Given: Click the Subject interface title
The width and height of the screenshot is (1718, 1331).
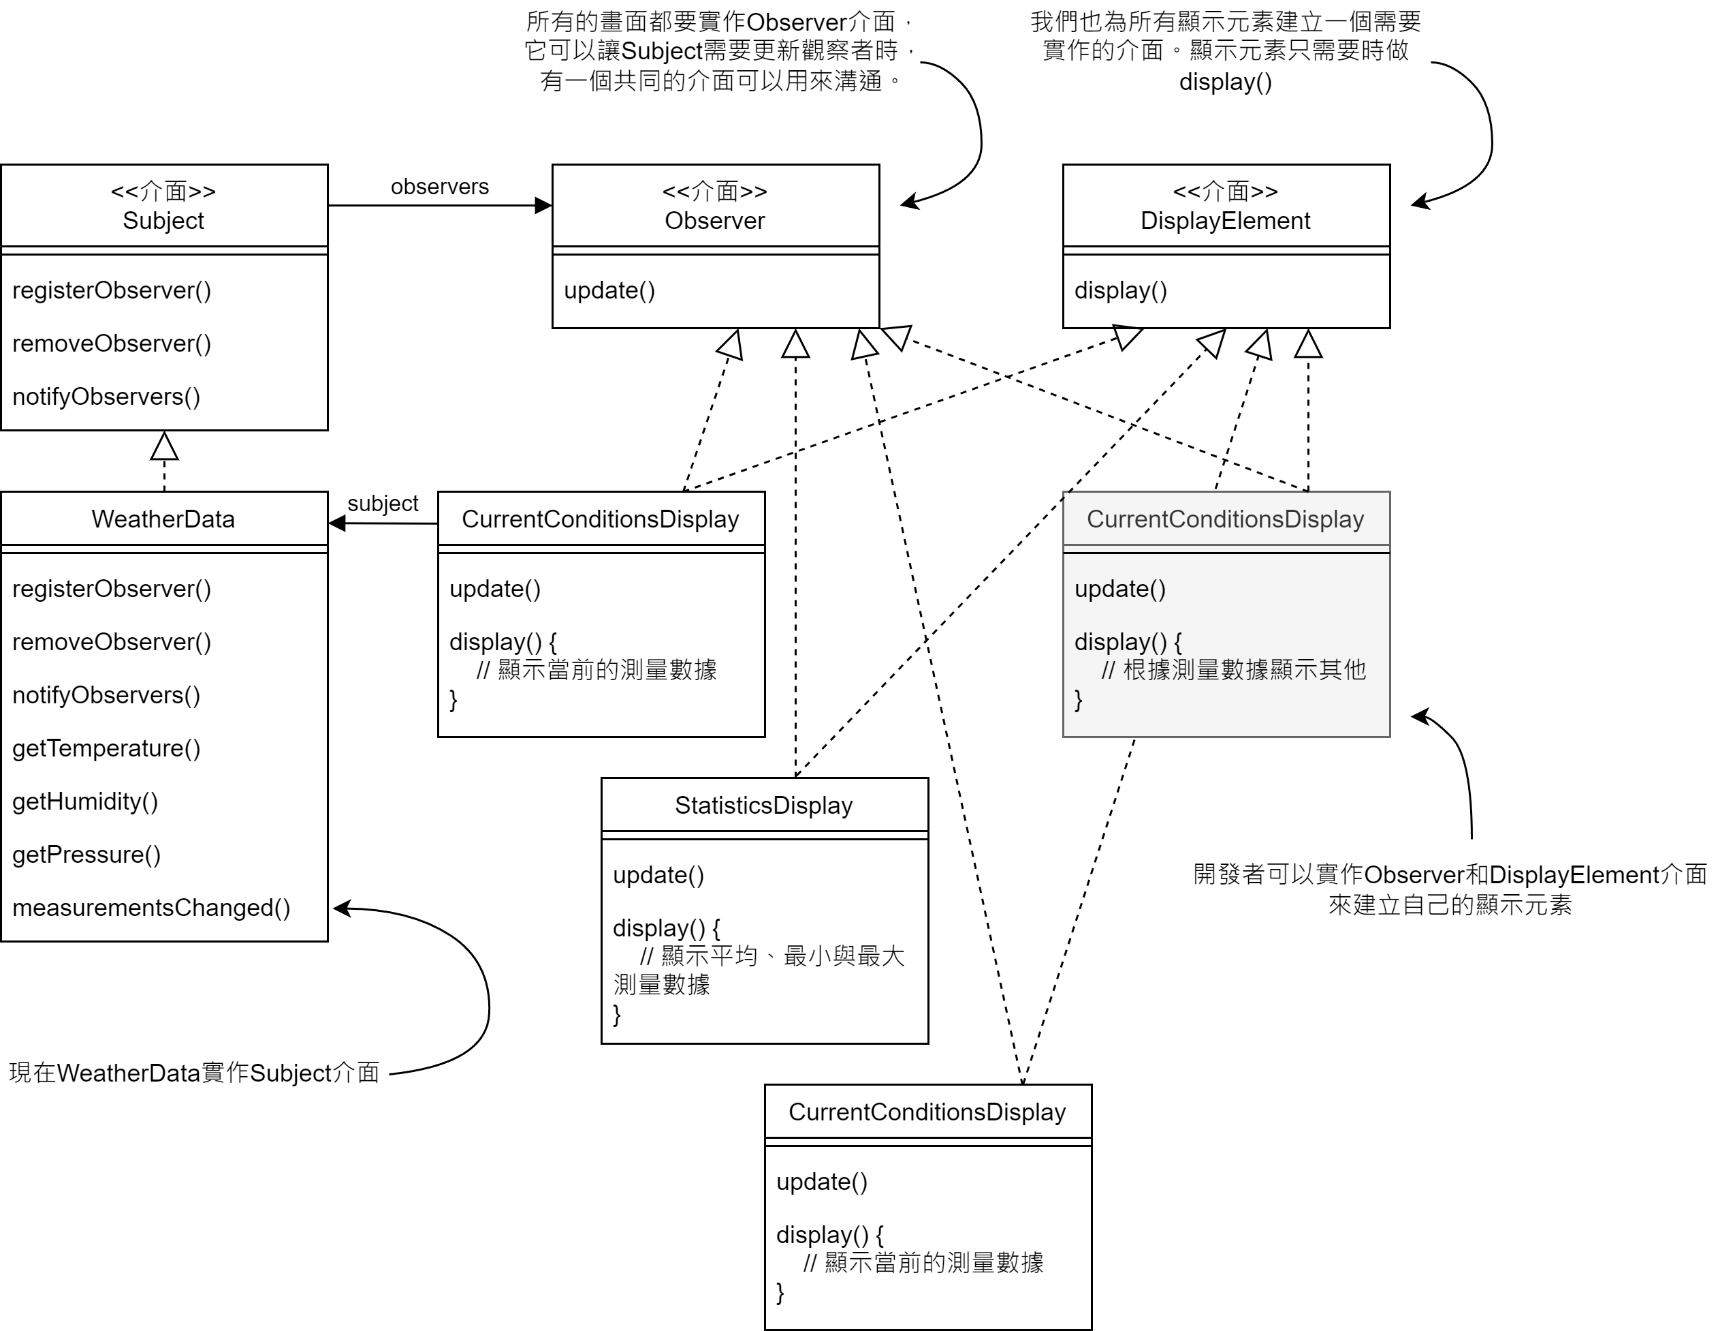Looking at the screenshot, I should (x=163, y=220).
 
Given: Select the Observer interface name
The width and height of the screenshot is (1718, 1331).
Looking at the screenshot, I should (x=714, y=220).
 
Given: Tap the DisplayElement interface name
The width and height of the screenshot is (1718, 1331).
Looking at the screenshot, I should (x=1225, y=220).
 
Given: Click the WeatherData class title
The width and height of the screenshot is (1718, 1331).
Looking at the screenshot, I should (x=163, y=519).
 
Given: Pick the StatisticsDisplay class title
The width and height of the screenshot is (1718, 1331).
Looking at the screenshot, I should (x=763, y=806).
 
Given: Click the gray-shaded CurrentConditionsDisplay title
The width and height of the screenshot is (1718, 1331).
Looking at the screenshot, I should (x=1225, y=519).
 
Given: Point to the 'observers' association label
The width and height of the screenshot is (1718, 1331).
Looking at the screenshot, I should (x=440, y=187).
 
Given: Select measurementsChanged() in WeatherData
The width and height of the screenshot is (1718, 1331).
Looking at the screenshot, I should (x=151, y=908).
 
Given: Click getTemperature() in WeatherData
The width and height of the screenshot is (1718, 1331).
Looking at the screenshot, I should (x=106, y=748).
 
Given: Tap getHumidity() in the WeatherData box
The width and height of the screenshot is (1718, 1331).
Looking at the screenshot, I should (x=85, y=801).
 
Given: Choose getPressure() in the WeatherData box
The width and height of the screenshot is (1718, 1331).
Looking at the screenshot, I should (x=86, y=854).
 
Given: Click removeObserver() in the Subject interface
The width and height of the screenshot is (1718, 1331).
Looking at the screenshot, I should (x=112, y=343).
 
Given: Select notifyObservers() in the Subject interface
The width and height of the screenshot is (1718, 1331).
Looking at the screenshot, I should (x=106, y=396).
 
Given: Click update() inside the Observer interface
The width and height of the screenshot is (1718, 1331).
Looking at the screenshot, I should (x=609, y=290).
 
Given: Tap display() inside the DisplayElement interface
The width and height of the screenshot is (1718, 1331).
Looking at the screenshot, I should (x=1120, y=290).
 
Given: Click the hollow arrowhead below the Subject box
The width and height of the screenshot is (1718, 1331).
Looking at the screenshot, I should (x=163, y=446).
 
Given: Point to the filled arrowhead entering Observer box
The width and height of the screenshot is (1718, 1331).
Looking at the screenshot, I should (x=543, y=205).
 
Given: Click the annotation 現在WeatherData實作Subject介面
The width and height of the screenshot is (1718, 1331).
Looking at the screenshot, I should (x=194, y=1072).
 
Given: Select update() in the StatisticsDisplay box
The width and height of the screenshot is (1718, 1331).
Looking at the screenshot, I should (x=658, y=874).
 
